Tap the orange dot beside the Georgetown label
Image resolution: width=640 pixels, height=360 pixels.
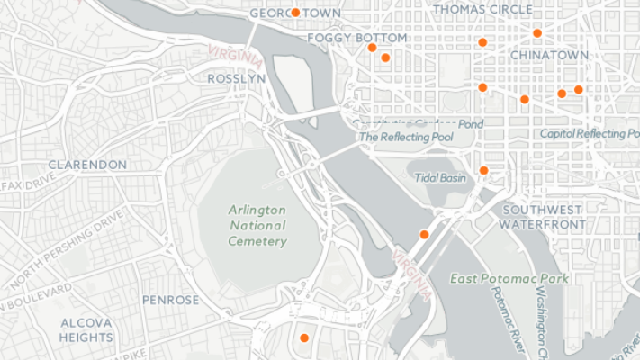[295, 13]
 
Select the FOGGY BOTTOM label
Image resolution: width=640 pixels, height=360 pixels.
[356, 39]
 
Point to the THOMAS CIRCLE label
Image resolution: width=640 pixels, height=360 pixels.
[482, 10]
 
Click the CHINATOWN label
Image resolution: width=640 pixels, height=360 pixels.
[549, 56]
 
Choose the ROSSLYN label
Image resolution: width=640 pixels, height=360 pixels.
[236, 79]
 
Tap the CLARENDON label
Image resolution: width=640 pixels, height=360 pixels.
[87, 166]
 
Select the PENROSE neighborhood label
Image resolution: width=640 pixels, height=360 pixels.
[170, 300]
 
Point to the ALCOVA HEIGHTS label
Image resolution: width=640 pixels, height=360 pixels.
[87, 329]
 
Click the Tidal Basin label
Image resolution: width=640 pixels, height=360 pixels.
[440, 178]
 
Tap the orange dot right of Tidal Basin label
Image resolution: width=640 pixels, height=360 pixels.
[483, 170]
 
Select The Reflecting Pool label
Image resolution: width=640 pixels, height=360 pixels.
[406, 138]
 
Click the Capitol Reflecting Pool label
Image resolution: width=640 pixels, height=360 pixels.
[590, 134]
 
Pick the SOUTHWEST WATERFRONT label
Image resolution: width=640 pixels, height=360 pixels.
[541, 216]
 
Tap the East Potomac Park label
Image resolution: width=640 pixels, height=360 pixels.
[509, 279]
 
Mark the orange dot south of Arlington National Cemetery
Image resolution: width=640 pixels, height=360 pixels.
[304, 337]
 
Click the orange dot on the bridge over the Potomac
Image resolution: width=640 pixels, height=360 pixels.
[424, 235]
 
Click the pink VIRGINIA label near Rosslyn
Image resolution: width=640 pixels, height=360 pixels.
[236, 56]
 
